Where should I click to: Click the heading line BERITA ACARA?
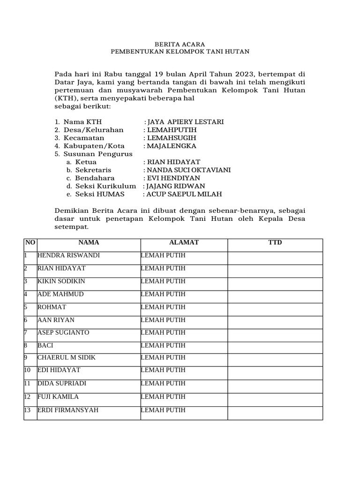(x=180, y=44)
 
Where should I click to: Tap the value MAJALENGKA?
(x=172, y=146)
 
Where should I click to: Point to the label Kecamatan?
(x=83, y=138)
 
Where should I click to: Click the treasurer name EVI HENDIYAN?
(x=173, y=178)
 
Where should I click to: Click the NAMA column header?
(x=89, y=242)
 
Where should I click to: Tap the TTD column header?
(x=275, y=242)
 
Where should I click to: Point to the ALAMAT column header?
(x=184, y=242)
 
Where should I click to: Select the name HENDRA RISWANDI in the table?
(x=68, y=255)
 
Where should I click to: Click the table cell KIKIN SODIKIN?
(x=61, y=281)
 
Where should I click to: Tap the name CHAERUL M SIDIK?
(x=67, y=358)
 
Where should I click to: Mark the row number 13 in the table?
(x=28, y=410)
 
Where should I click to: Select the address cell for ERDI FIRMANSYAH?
(x=163, y=410)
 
